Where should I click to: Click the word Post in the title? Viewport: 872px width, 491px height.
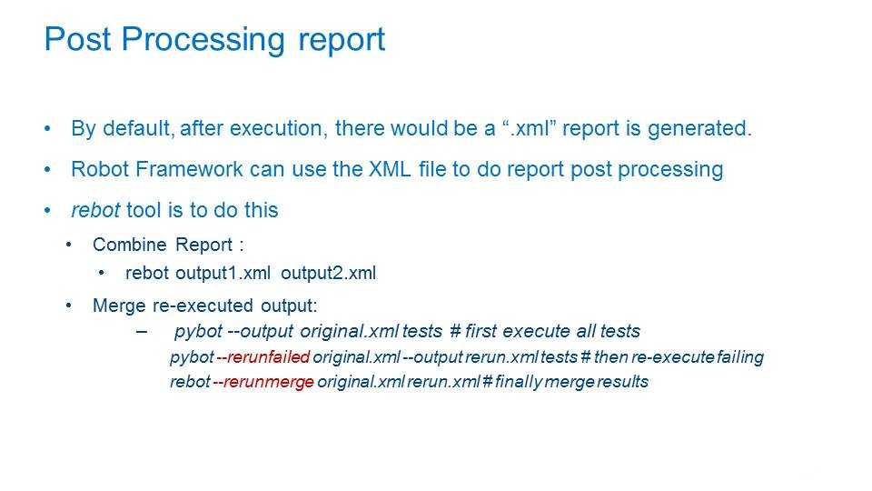point(77,39)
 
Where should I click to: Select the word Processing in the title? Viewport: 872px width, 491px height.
point(203,40)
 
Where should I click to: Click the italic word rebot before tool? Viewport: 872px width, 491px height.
point(95,210)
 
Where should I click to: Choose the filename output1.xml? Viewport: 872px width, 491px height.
point(223,274)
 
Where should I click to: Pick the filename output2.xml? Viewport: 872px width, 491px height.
point(329,274)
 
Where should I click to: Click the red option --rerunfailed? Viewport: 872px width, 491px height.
point(263,356)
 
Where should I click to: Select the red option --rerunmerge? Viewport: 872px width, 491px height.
point(263,382)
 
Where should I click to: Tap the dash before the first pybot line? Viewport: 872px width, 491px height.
point(142,332)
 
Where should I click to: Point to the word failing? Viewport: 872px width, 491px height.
point(740,357)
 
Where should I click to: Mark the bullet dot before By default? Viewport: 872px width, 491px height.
point(47,129)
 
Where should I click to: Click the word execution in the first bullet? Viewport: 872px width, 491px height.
point(276,128)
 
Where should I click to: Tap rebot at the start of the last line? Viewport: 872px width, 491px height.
point(190,382)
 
